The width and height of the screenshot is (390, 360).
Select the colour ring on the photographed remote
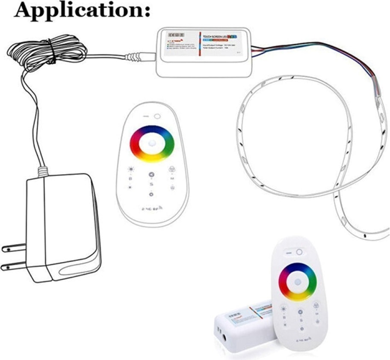tap(284, 281)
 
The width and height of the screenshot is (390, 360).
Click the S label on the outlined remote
tap(151, 184)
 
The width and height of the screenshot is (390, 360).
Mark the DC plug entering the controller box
tap(139, 56)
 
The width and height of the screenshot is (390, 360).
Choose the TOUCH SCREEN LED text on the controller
tap(214, 36)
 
